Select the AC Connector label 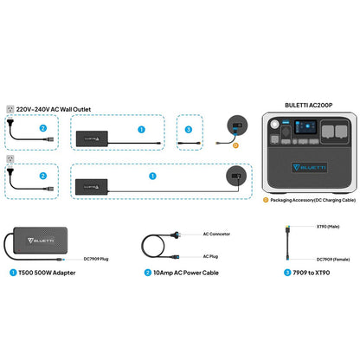[x=215, y=234]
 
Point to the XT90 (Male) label [x=310, y=226]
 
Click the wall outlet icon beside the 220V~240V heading [x=10, y=109]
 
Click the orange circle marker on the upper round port [x=236, y=145]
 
